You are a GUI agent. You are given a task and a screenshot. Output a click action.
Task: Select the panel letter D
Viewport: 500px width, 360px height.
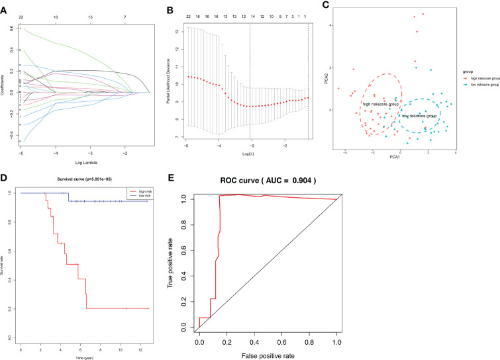coord(5,177)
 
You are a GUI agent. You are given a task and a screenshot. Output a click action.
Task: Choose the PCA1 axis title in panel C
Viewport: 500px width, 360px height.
coord(397,156)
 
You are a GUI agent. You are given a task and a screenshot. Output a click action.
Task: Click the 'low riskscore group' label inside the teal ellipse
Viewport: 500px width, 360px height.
coord(419,116)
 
